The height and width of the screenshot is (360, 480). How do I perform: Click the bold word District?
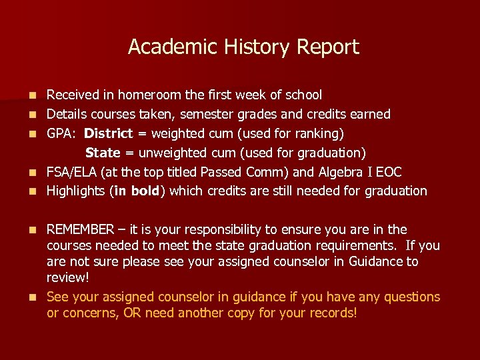coord(109,134)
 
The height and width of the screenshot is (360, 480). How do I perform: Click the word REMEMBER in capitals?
coord(81,230)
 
